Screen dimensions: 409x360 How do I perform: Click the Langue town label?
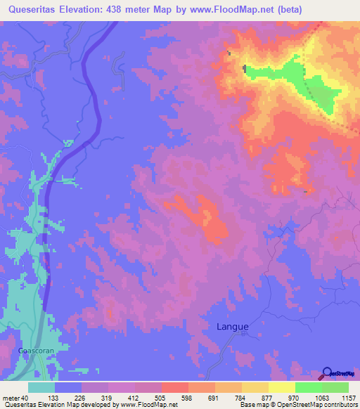pyautogui.click(x=231, y=326)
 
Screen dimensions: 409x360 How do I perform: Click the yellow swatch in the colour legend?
pyautogui.click(x=282, y=388)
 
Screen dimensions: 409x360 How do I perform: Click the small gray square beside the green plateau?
pyautogui.click(x=245, y=68)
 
